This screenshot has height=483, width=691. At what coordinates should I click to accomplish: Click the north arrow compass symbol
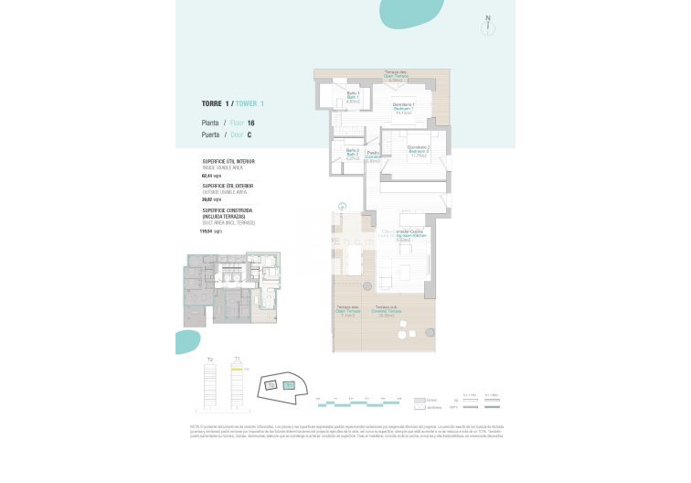[488, 24]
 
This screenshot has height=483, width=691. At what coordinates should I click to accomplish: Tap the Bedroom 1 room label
[404, 109]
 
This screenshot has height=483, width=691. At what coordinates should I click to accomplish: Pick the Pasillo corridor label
[373, 156]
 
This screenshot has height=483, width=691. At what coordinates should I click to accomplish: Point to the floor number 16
[250, 123]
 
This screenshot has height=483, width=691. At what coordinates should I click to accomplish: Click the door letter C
[250, 134]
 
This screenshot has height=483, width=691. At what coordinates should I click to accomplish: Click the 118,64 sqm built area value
[211, 231]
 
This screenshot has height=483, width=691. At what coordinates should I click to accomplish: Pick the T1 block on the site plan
[289, 386]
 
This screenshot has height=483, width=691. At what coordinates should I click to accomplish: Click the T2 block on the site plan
[271, 386]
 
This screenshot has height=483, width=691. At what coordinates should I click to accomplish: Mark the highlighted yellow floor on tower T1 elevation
[237, 368]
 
